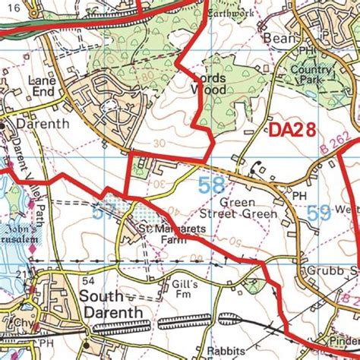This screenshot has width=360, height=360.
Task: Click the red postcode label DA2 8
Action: [293, 131]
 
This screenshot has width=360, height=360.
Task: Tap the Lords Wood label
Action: [206, 83]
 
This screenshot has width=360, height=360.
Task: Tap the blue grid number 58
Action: [211, 185]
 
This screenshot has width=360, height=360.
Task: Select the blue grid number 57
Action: [109, 213]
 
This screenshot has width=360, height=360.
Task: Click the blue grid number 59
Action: [320, 214]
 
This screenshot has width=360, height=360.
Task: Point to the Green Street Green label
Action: [248, 209]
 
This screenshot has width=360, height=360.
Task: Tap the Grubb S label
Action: [334, 270]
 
